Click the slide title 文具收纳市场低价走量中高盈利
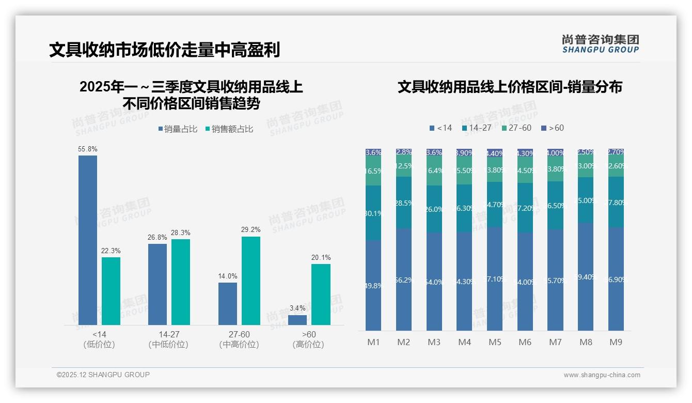point(164,50)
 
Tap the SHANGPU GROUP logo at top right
point(600,43)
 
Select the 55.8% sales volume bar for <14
point(88,240)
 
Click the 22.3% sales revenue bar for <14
point(111,291)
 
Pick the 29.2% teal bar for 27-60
point(251,281)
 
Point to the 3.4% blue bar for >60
point(297,320)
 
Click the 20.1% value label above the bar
point(321,257)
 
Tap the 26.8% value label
point(158,237)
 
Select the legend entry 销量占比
point(178,129)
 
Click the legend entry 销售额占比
point(229,129)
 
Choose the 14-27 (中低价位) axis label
point(168,339)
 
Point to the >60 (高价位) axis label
point(308,339)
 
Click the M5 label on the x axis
point(495,342)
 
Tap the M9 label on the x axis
point(616,342)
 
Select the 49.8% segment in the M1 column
point(373,285)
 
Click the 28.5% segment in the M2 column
point(404,203)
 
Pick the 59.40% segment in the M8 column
point(586,277)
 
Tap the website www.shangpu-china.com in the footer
point(602,375)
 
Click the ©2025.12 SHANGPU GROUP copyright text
point(103,375)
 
